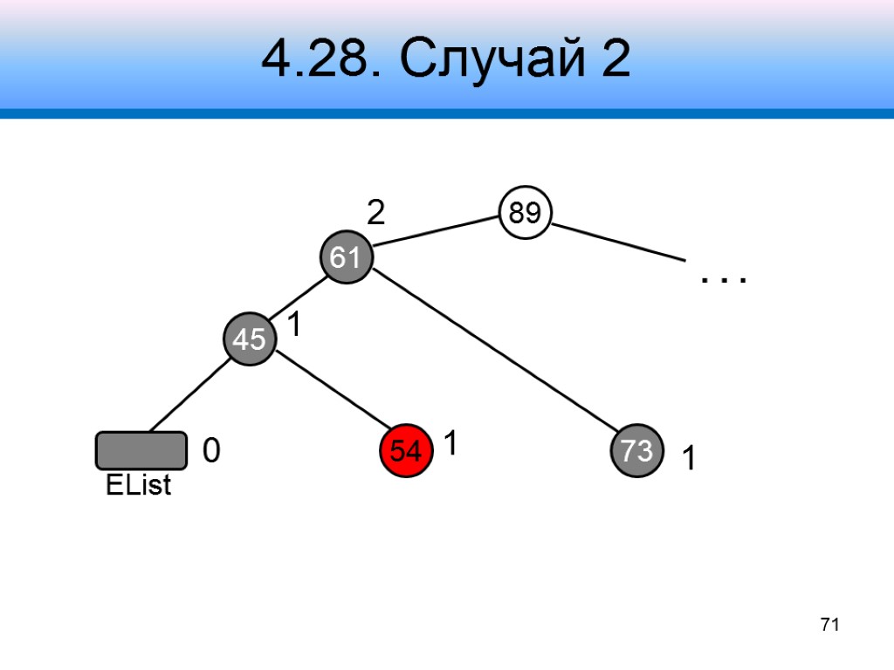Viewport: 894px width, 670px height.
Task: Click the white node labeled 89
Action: tap(526, 213)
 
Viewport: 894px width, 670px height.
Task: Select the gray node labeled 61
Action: tap(346, 257)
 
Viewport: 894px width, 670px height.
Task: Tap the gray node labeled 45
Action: tap(250, 339)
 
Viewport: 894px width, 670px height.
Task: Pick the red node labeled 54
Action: tap(406, 451)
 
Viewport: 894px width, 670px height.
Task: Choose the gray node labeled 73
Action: tap(636, 451)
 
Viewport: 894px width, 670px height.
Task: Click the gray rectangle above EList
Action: tap(141, 450)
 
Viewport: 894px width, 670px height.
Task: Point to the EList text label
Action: tap(138, 486)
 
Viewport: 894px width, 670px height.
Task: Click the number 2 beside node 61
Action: tap(375, 213)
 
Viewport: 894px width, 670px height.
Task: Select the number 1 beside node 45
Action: tap(294, 325)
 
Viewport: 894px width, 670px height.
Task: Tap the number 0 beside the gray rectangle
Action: tap(210, 451)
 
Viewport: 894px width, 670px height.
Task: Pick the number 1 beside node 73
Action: tap(689, 459)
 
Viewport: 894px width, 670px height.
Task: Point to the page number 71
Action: tap(829, 625)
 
